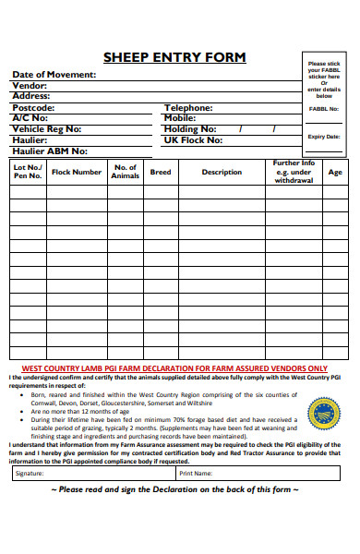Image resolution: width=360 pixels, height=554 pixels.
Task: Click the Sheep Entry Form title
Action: click(174, 57)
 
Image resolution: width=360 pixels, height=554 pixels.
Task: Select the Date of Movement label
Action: click(54, 74)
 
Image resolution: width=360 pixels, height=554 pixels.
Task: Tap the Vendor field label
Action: click(29, 85)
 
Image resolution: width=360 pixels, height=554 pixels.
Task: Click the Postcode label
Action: click(34, 107)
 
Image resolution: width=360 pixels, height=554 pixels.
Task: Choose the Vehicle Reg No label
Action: click(46, 129)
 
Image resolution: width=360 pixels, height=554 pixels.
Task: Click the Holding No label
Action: click(190, 129)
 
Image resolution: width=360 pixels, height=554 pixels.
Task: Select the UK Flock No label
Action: click(193, 140)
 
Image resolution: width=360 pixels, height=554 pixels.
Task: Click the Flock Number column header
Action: click(77, 172)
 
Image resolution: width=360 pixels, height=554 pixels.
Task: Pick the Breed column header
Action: click(161, 172)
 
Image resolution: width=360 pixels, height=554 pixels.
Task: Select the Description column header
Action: click(222, 172)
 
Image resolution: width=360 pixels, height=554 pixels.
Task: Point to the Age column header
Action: click(335, 172)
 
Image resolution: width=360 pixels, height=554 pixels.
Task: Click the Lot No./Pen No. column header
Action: click(28, 172)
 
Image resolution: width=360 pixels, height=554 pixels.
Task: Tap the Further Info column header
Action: click(294, 172)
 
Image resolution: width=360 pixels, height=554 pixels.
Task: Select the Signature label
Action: click(30, 473)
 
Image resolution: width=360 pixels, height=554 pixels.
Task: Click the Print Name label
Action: click(197, 473)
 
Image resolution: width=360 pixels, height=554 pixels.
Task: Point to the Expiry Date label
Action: click(324, 136)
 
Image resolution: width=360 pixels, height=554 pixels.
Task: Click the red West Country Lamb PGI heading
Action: click(174, 367)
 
